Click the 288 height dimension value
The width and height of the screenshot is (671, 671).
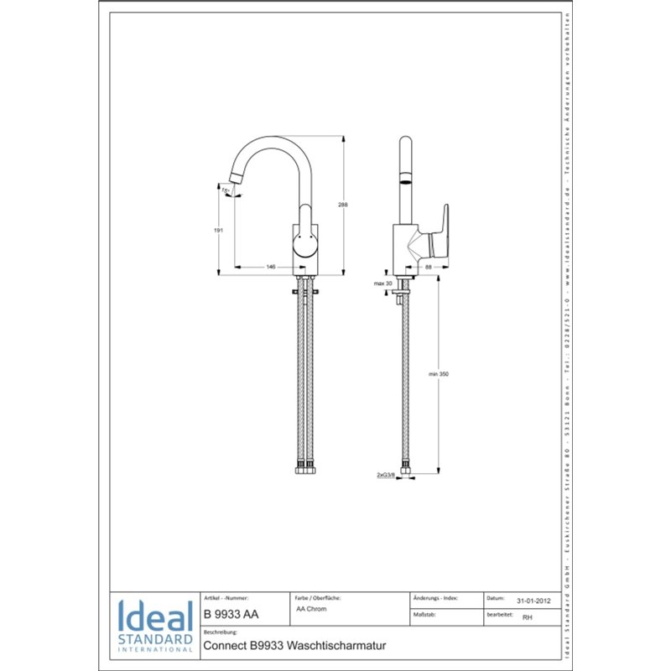point(343,205)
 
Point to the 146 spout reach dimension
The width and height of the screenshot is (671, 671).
point(270,266)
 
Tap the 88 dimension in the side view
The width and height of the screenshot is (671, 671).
point(428,266)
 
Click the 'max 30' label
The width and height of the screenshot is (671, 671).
point(383,284)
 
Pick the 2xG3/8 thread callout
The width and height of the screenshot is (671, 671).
point(386,474)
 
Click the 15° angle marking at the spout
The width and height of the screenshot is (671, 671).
point(226,191)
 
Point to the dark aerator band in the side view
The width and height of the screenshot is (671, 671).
point(404,179)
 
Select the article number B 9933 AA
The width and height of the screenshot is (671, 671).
point(231,615)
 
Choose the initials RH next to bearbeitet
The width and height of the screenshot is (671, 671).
point(527,616)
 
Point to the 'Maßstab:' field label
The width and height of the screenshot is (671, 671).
point(424,615)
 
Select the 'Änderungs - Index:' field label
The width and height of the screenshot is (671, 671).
point(435,598)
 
